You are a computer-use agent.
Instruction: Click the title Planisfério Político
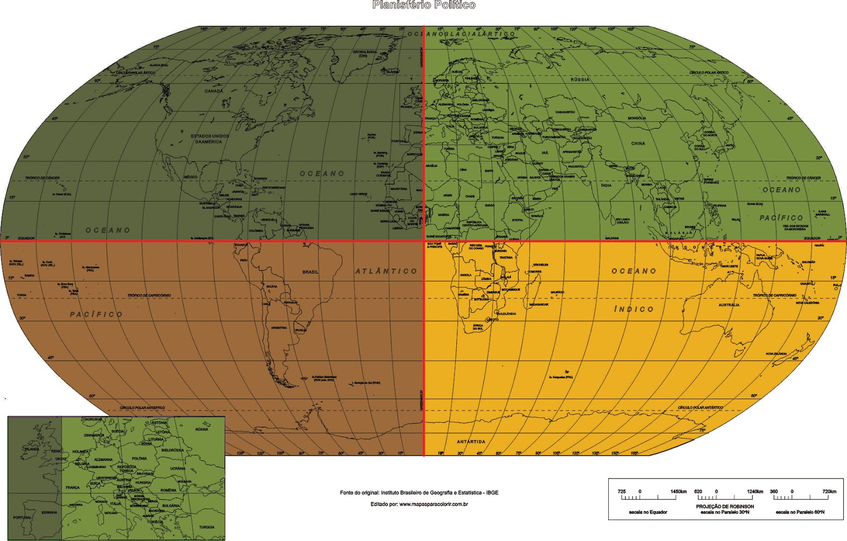tap(424, 5)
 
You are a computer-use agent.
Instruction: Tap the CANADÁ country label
tap(214, 91)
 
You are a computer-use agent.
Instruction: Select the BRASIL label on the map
tap(311, 272)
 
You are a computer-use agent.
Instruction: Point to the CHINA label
tap(638, 143)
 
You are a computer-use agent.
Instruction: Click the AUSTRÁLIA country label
tap(729, 305)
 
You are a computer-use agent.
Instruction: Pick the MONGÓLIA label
tap(637, 118)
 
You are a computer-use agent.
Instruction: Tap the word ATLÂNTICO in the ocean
tap(386, 271)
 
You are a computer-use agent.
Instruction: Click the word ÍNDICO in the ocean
tap(634, 309)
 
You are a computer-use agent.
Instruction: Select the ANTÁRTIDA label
tap(471, 441)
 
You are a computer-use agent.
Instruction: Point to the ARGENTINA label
tap(279, 328)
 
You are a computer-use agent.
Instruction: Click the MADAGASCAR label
tap(539, 304)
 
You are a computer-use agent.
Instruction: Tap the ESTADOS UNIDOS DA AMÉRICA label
tap(210, 139)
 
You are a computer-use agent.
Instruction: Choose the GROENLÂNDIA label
tap(365, 52)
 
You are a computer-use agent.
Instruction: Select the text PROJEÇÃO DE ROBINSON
tap(725, 507)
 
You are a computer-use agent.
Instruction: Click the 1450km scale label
tap(678, 492)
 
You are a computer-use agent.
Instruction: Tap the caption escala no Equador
tap(648, 512)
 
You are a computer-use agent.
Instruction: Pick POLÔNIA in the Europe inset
tap(139, 458)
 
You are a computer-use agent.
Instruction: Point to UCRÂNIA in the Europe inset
tap(178, 468)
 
